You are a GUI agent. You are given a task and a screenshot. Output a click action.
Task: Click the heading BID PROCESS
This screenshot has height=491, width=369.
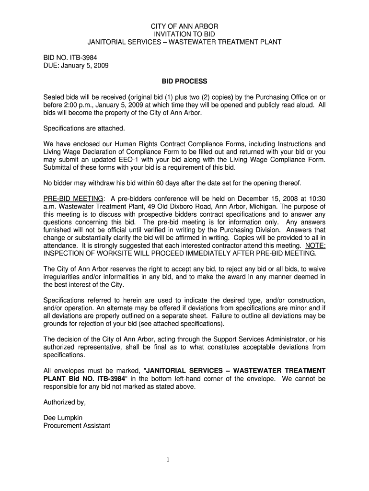coord(184,81)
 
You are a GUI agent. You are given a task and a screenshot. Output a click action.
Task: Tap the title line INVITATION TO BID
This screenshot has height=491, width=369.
coord(184,34)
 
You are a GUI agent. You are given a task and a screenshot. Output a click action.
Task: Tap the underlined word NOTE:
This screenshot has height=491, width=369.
coord(315,245)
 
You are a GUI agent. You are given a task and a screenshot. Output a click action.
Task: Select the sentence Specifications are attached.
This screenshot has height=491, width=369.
coord(84,129)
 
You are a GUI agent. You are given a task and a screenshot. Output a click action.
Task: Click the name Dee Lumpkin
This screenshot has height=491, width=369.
coord(63,417)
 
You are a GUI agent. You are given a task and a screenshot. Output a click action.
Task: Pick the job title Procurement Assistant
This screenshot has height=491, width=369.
coord(77,425)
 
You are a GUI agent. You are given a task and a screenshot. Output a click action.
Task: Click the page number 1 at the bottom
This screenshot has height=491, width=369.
coord(168,460)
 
